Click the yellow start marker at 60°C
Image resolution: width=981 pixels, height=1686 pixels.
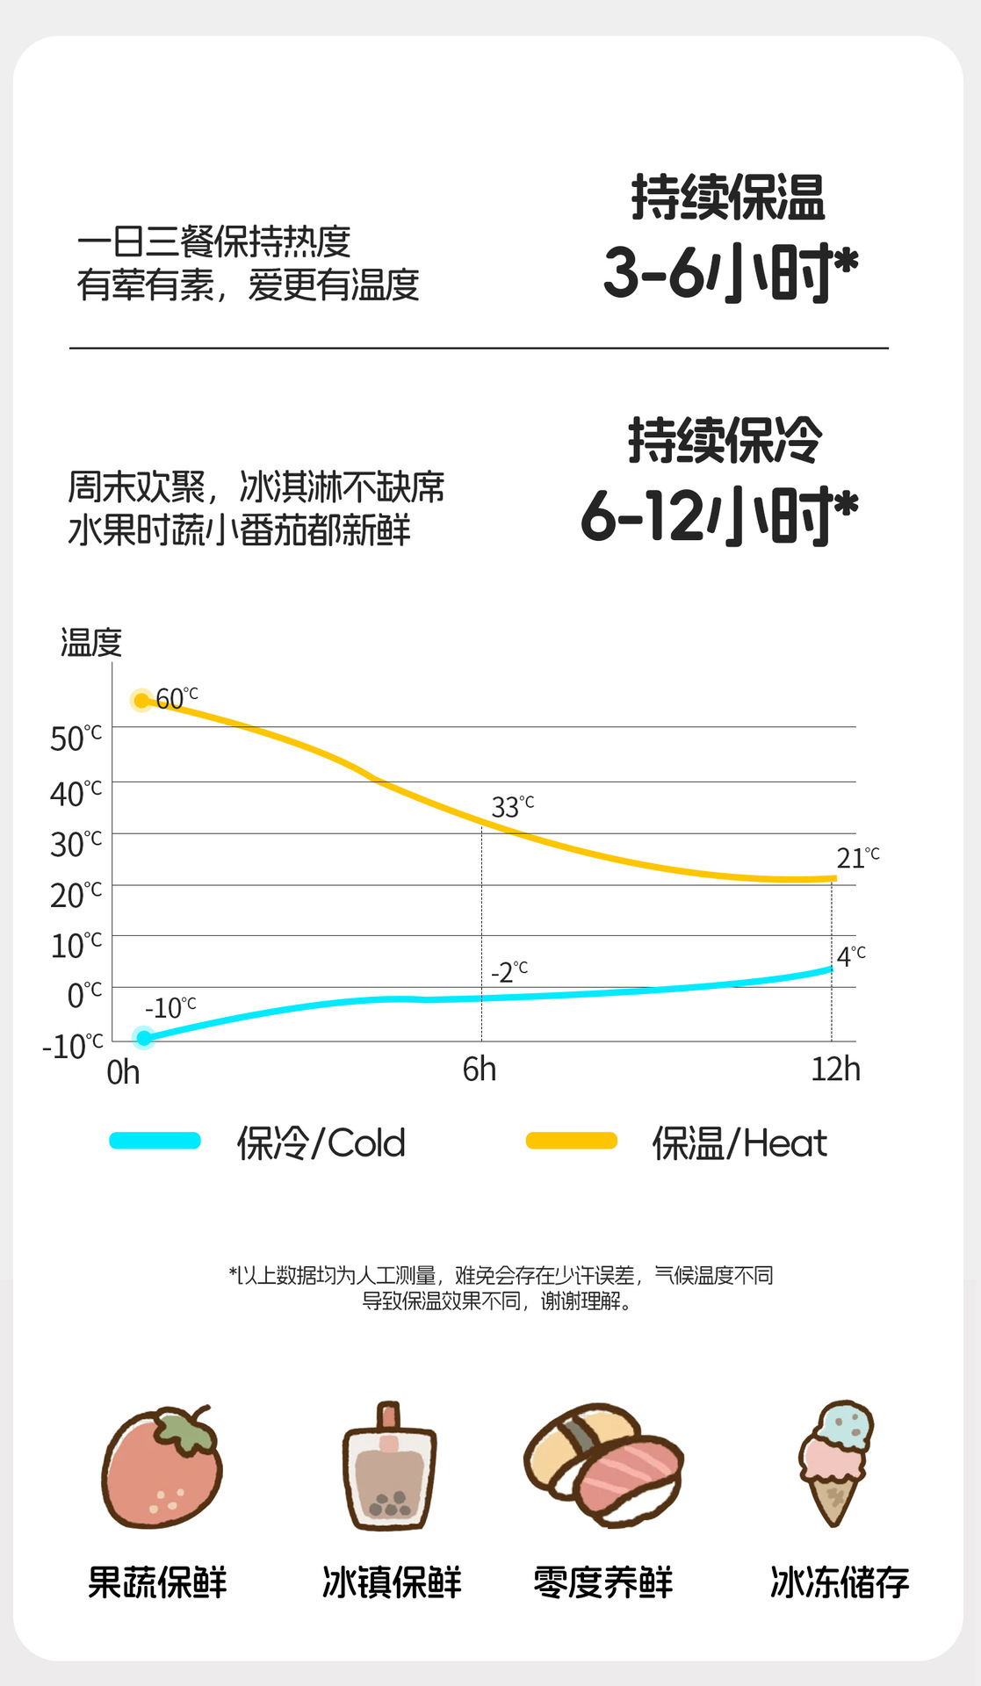(x=141, y=701)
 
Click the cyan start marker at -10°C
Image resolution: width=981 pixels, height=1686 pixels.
(x=144, y=1038)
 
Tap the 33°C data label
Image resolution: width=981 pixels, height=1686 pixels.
(x=512, y=806)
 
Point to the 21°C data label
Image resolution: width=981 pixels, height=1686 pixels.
(x=857, y=857)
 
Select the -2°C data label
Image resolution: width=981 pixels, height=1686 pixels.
(x=509, y=972)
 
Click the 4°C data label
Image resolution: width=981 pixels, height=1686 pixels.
(x=850, y=955)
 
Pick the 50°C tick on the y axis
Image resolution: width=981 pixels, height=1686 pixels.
(x=76, y=739)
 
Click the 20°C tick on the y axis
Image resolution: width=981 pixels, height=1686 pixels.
(x=76, y=895)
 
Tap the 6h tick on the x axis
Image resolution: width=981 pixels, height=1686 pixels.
(x=480, y=1070)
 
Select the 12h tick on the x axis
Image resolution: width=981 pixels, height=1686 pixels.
(x=835, y=1070)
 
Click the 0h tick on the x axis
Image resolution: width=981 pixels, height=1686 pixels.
(x=123, y=1072)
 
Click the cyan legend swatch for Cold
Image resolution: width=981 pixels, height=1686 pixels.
(x=155, y=1141)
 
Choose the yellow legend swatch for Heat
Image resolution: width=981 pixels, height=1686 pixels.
(x=572, y=1141)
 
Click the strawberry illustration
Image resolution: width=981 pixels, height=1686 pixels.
(x=162, y=1466)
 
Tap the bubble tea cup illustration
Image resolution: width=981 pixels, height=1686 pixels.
(x=389, y=1467)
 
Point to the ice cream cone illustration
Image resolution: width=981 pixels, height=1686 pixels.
(x=835, y=1462)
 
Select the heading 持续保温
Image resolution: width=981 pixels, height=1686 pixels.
(x=728, y=197)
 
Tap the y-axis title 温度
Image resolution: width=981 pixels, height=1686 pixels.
(x=90, y=642)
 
